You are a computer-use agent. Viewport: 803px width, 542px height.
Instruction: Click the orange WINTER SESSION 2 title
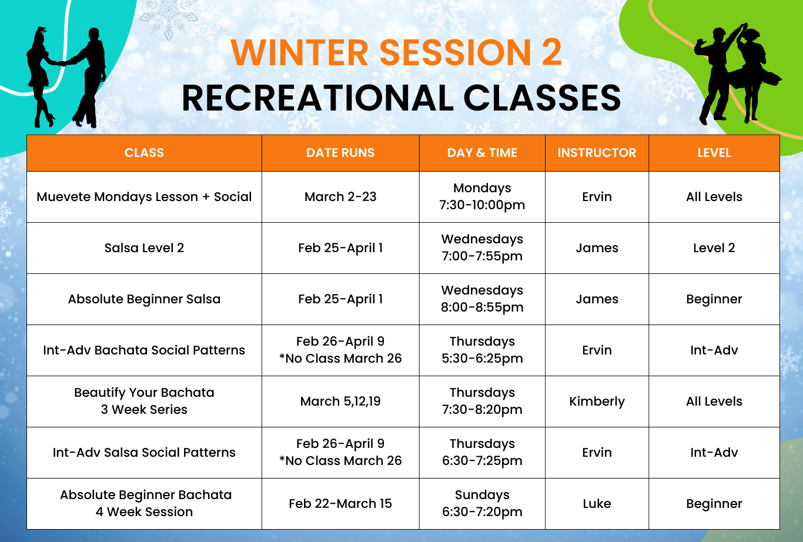click(x=396, y=52)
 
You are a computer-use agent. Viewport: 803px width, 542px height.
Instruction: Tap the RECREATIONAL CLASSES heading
click(x=401, y=98)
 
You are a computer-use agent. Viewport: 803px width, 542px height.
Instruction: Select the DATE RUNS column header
click(x=340, y=153)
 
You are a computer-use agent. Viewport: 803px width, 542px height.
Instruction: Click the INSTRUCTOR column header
click(x=597, y=153)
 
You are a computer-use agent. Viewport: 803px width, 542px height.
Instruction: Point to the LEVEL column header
click(x=714, y=153)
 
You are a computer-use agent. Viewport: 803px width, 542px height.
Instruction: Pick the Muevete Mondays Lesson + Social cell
click(x=144, y=197)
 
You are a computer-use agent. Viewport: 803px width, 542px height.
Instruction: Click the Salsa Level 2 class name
click(x=144, y=247)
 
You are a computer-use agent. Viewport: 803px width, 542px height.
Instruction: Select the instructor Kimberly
click(x=597, y=402)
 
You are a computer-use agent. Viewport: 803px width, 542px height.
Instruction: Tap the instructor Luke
click(x=597, y=504)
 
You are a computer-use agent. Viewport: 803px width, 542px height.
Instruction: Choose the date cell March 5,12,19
click(x=340, y=402)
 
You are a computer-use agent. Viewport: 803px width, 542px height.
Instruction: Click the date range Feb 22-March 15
click(x=340, y=504)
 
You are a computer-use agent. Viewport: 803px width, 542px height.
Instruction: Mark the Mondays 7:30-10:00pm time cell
click(x=482, y=196)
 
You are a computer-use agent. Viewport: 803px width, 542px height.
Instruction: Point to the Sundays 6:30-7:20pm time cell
click(x=482, y=503)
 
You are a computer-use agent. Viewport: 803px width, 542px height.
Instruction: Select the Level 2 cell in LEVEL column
click(x=714, y=247)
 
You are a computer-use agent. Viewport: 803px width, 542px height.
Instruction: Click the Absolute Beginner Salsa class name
click(x=144, y=299)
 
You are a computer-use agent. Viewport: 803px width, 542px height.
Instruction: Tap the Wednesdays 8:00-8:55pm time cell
click(x=482, y=299)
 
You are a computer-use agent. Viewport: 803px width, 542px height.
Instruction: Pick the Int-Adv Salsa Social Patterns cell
click(x=144, y=453)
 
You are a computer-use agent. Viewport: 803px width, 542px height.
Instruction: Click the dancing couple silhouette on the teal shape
click(x=66, y=77)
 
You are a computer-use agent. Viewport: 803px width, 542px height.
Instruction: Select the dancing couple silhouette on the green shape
click(x=738, y=73)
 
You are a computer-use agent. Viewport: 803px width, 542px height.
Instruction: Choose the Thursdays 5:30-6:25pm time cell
click(x=482, y=350)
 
